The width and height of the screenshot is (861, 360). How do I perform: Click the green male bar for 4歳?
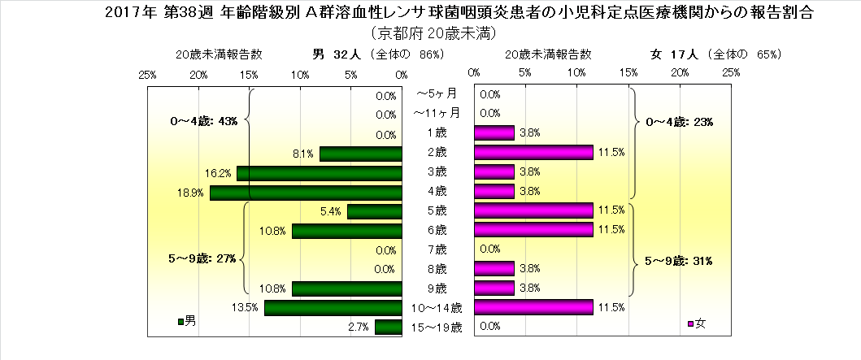(307, 193)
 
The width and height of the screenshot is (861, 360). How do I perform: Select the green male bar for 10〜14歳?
(333, 308)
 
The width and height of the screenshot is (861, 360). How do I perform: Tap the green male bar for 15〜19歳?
(389, 327)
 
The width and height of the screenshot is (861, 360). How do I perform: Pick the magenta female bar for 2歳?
(533, 153)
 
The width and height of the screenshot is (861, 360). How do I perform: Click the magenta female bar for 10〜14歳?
(533, 307)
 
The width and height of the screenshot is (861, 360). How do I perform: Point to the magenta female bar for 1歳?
(494, 133)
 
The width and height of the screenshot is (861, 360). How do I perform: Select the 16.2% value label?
(220, 173)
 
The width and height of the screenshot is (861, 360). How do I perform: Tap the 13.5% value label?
(247, 308)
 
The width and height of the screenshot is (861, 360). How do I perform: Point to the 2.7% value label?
(359, 327)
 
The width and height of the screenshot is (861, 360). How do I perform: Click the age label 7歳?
(437, 249)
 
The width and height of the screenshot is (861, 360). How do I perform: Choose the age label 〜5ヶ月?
(437, 95)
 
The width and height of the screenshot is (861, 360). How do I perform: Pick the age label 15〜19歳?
(437, 327)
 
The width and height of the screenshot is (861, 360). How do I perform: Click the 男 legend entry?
(186, 322)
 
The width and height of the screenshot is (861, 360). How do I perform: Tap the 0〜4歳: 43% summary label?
(203, 122)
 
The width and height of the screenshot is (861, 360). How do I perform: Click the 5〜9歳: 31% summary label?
(679, 261)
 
